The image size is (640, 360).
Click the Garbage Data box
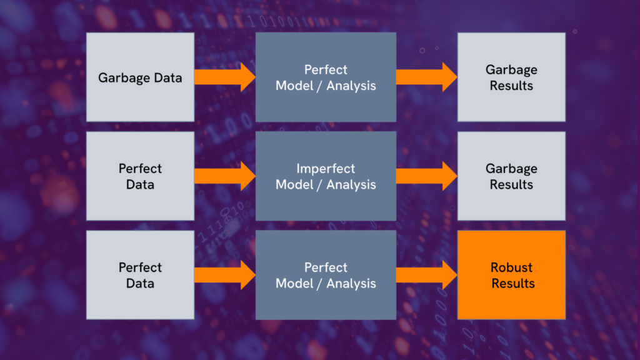point(140,77)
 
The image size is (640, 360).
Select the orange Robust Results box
point(511,275)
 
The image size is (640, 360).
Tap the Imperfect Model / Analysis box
point(326,176)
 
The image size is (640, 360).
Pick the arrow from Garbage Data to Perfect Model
point(225,77)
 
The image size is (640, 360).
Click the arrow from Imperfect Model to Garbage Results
point(426,176)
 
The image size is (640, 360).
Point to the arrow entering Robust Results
point(426,275)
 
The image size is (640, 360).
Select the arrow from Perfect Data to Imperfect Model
point(225,176)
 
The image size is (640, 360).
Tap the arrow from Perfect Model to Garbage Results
point(426,77)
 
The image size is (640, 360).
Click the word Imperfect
point(326,169)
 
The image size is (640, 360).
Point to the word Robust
point(511,267)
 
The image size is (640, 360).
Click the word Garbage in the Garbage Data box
point(124,78)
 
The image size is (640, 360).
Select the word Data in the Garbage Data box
point(167,77)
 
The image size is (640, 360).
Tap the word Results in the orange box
point(513,283)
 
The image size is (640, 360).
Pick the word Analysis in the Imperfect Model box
point(351,184)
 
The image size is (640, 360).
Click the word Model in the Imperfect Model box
point(294,184)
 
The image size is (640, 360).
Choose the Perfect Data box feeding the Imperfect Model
point(140,176)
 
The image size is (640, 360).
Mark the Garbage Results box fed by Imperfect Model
point(511,176)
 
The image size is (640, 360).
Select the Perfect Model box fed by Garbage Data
point(326,77)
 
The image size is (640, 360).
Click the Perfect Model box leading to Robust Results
point(326,275)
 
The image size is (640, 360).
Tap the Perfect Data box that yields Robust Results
point(140,275)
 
